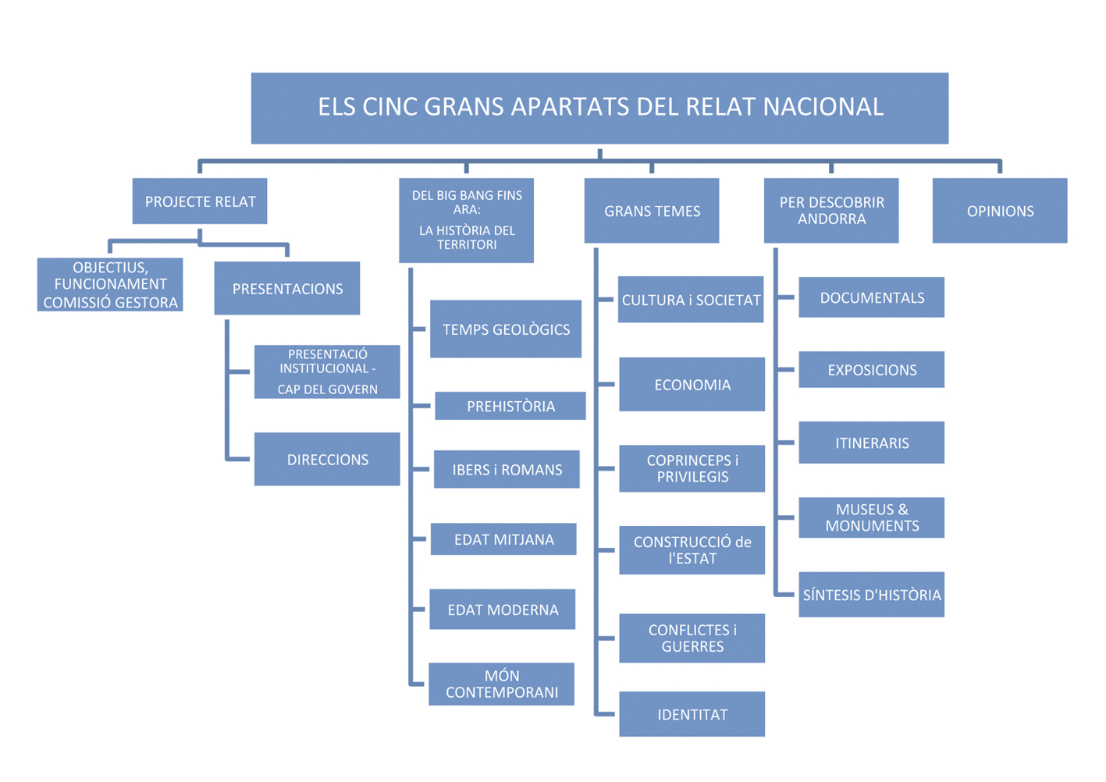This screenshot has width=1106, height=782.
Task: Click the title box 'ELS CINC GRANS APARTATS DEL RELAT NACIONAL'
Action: [x=599, y=108]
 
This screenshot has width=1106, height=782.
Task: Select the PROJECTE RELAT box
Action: [x=200, y=201]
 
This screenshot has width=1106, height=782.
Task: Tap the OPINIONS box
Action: [x=1000, y=211]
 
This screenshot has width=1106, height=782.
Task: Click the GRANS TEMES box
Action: [x=652, y=211]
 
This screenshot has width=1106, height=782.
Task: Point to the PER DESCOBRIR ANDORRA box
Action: [x=831, y=211]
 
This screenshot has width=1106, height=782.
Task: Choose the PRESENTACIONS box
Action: [x=287, y=289]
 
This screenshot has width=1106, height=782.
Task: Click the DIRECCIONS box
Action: [x=327, y=460]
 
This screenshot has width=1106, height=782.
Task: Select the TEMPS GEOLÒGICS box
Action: [x=506, y=329]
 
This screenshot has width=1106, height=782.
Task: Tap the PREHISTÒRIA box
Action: [x=510, y=406]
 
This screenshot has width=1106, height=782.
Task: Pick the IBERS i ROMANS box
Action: [x=507, y=470]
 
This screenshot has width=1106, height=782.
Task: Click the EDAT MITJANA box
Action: [x=503, y=539]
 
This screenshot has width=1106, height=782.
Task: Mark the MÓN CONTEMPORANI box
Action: [x=502, y=684]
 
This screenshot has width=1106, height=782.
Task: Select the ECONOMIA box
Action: [x=692, y=385]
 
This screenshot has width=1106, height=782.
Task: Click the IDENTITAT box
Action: [x=692, y=714]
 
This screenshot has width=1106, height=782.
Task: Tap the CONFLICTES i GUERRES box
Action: [x=692, y=638]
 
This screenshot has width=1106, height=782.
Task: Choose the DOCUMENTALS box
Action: [x=872, y=297]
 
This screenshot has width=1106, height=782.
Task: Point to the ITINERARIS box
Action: [x=872, y=443]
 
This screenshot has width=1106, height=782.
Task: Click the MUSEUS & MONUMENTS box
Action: [x=872, y=517]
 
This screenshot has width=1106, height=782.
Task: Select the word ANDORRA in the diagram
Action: [x=832, y=219]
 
